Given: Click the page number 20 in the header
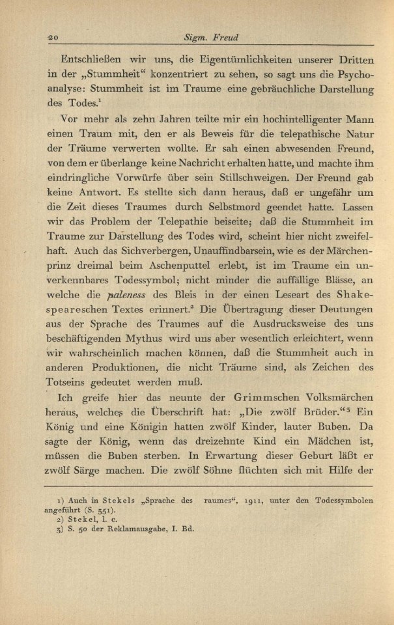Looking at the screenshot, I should click(51, 36).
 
